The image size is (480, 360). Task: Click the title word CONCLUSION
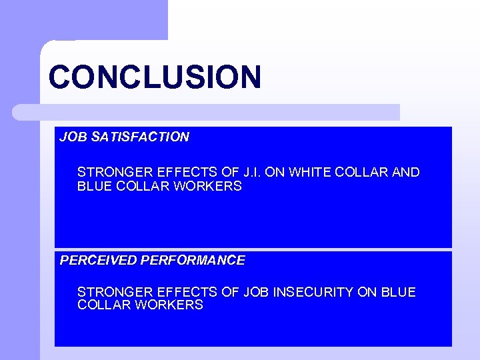tap(155, 77)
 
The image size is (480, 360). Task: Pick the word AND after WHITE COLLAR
tap(406, 173)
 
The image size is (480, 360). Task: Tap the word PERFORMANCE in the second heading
tap(193, 261)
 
